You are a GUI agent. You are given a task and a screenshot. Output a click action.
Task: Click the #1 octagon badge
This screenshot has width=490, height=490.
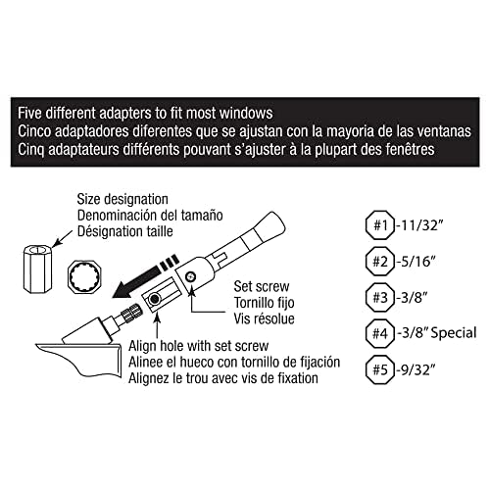pos(380,225)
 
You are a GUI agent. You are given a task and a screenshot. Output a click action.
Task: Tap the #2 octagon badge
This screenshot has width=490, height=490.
pos(380,262)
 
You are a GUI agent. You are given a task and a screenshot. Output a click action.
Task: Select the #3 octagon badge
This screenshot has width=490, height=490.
pos(380,298)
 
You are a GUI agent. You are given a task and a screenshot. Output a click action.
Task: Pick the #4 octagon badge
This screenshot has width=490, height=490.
pos(380,334)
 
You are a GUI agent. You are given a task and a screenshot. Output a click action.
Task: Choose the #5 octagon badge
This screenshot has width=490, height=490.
pos(380,369)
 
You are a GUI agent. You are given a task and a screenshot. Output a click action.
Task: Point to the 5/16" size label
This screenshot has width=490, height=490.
pos(417,262)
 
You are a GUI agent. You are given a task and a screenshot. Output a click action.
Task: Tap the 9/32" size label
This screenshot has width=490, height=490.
pos(417,369)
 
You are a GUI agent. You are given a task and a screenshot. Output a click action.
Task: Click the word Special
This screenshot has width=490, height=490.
pos(454,333)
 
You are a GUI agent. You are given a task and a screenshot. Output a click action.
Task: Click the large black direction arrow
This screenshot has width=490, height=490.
pos(145,276)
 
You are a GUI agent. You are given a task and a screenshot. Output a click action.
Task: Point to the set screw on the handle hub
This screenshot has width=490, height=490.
pos(190,277)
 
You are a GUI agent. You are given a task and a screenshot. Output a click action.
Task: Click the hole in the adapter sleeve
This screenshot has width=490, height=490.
pos(154,299)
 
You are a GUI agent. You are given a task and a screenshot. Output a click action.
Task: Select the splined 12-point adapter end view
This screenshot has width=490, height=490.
pos(84,277)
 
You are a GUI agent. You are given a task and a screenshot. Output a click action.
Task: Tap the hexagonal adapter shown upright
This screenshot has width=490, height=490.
pos(37,269)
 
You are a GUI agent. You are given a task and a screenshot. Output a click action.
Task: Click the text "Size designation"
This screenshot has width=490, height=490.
pos(122,199)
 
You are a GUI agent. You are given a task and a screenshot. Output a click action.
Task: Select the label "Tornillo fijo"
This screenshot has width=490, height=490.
pos(264,303)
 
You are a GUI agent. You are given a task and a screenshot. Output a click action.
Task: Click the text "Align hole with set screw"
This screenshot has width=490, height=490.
pos(199,346)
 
